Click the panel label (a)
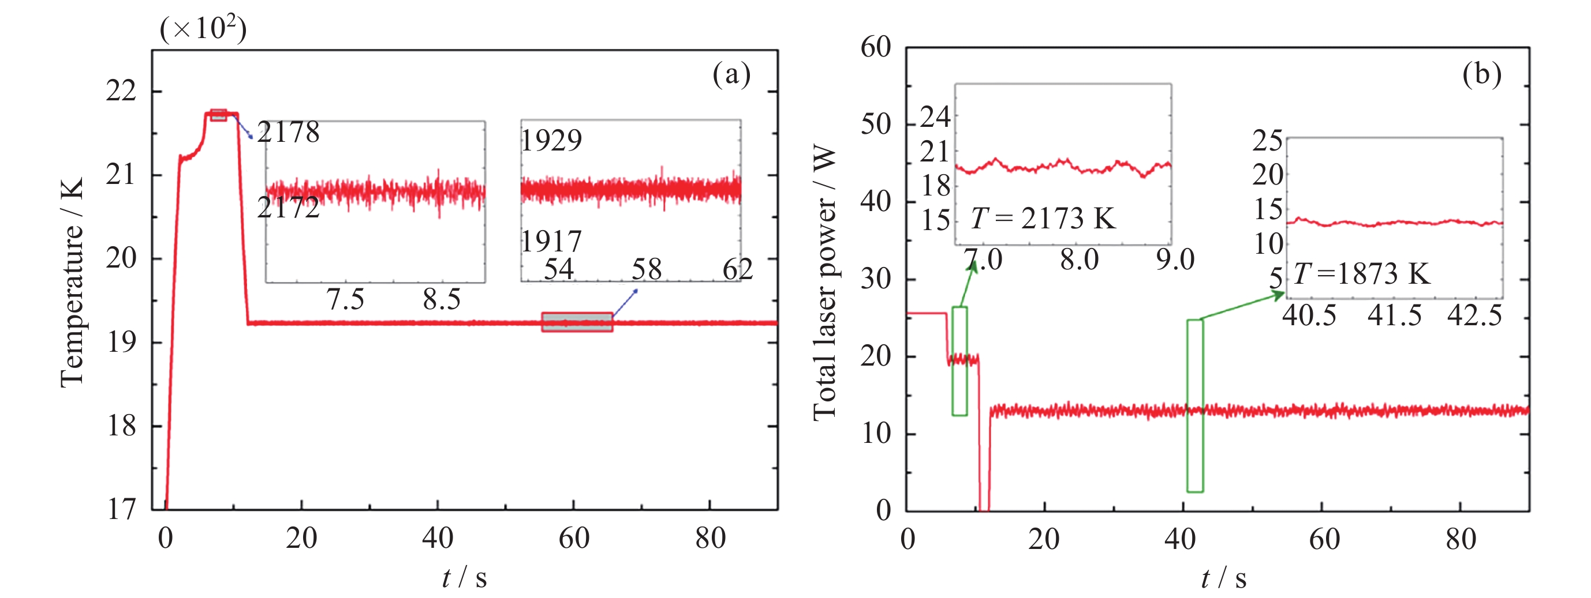[x=731, y=74]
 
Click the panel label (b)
[x=1481, y=74]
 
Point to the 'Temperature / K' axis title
[x=72, y=282]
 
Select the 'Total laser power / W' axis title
[x=824, y=284]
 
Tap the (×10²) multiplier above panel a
[x=203, y=28]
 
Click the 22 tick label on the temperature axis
[x=121, y=91]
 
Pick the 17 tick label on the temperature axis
[x=121, y=510]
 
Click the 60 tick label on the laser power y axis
[x=876, y=47]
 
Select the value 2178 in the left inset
[x=289, y=132]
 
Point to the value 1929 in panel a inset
[x=551, y=141]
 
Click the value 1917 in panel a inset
[x=551, y=241]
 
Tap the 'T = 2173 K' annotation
[x=1044, y=219]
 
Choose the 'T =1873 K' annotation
[x=1362, y=273]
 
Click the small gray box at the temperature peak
[x=218, y=115]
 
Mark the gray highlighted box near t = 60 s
[x=577, y=322]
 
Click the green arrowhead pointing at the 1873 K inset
[x=1279, y=295]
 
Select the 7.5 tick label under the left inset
[x=345, y=300]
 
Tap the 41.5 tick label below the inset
[x=1394, y=316]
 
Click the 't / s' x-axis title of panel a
[x=465, y=578]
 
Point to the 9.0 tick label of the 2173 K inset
[x=1175, y=260]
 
